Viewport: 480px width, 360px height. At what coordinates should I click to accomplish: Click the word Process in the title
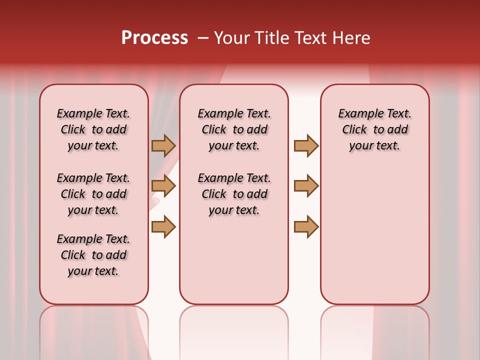click(154, 38)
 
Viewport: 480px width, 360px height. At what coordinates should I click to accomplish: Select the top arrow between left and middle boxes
click(163, 145)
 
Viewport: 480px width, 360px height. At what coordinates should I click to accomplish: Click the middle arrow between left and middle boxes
click(163, 186)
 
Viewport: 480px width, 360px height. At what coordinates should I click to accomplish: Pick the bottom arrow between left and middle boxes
click(163, 226)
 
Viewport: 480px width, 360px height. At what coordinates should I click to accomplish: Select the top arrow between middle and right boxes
click(306, 145)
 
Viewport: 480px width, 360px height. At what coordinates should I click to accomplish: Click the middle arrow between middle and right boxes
click(306, 186)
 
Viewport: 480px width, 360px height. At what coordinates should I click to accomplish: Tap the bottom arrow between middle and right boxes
click(306, 226)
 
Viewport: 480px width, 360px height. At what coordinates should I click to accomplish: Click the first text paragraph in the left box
click(93, 129)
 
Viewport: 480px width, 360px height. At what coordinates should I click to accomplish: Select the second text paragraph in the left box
click(93, 194)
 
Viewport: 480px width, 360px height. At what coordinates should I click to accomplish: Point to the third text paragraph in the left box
click(93, 255)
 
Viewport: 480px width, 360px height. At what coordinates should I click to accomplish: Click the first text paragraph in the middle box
click(234, 129)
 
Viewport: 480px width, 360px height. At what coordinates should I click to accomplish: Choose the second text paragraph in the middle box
click(234, 194)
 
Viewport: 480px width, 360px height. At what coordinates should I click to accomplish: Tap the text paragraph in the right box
click(375, 129)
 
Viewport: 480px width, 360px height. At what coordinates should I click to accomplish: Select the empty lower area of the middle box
click(234, 260)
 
